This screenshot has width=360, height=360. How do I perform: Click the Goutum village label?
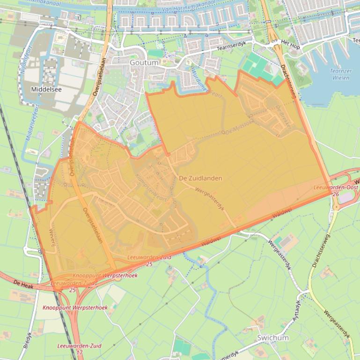tap(142, 63)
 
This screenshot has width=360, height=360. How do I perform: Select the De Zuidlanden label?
tap(200, 178)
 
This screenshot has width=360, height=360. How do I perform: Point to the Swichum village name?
tap(273, 338)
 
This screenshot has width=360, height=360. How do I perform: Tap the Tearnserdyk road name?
tap(228, 49)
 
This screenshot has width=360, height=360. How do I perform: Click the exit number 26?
tap(335, 194)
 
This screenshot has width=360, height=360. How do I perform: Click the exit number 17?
tap(80, 352)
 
